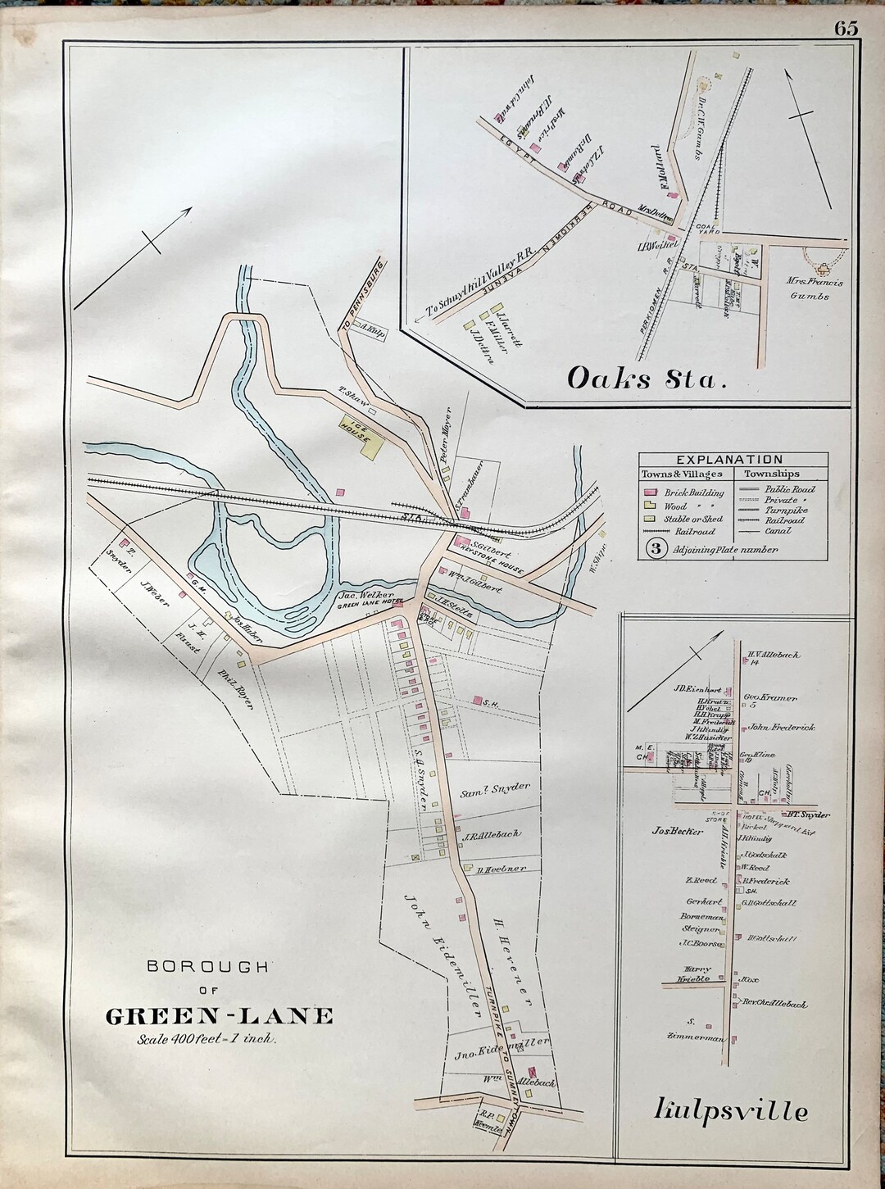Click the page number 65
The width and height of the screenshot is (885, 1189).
(846, 29)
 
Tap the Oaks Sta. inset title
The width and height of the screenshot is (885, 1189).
(647, 379)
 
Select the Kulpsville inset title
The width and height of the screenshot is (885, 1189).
(731, 1111)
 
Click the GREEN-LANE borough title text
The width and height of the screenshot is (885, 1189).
(220, 1016)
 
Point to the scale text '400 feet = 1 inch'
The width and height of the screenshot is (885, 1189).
(206, 1039)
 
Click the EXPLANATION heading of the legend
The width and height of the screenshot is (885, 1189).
(729, 460)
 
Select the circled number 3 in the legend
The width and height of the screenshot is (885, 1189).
(656, 549)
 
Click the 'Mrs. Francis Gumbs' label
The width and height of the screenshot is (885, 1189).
(815, 288)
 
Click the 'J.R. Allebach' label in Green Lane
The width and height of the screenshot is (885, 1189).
(490, 835)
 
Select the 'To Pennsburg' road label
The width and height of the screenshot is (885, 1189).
(361, 298)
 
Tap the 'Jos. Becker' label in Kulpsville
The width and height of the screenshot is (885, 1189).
(677, 830)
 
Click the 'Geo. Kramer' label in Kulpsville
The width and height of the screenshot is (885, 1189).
(770, 697)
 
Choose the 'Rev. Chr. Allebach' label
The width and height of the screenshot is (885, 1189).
(774, 1003)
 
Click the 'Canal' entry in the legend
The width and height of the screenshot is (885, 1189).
(777, 531)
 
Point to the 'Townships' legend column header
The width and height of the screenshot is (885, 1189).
(771, 474)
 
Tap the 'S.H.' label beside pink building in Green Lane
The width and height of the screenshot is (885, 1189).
(490, 702)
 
